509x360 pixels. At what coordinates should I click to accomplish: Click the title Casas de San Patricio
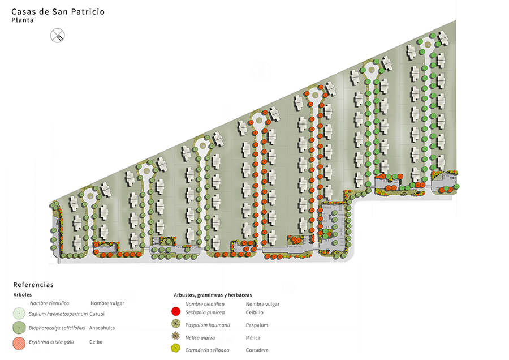(58, 12)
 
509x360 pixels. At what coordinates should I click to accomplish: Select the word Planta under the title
(23, 20)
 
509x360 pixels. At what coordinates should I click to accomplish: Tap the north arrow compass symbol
(58, 36)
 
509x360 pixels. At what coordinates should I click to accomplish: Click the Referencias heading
(33, 285)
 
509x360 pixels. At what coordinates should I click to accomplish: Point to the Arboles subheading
(23, 295)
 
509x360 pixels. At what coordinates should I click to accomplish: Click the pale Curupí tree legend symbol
(19, 314)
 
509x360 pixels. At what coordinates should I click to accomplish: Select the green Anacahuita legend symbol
(19, 328)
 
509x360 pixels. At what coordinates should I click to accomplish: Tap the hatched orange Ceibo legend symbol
(19, 343)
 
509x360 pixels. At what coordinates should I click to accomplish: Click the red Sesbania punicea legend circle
(176, 311)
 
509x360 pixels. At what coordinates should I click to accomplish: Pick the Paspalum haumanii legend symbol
(176, 324)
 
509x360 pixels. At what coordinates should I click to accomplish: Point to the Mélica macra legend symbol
(176, 336)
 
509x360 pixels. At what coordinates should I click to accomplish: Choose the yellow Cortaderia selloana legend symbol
(176, 348)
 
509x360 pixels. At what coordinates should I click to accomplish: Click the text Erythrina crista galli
(51, 342)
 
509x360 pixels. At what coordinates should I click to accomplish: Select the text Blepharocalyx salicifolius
(57, 328)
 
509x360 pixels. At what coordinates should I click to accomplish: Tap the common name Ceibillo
(255, 312)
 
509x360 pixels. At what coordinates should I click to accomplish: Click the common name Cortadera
(257, 350)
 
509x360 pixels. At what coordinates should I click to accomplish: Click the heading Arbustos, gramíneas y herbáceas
(213, 295)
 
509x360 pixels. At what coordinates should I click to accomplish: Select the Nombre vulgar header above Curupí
(107, 303)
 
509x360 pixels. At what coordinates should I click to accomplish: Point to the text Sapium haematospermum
(58, 314)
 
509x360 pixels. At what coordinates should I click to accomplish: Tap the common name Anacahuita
(102, 328)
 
